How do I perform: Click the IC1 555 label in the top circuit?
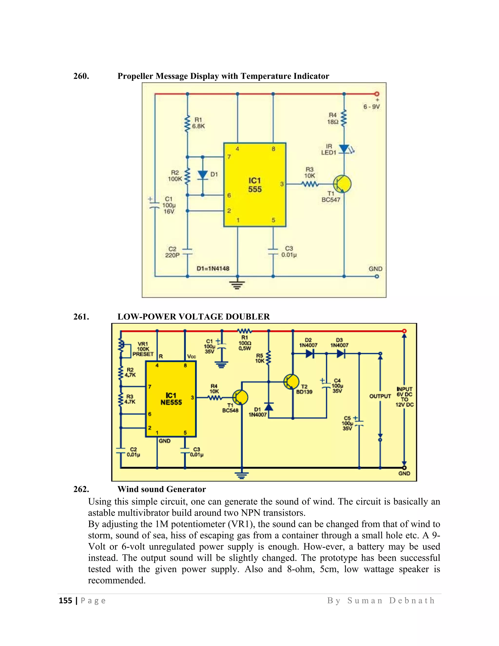[x=255, y=185]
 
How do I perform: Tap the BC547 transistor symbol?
[x=342, y=184]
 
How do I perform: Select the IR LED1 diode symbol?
[x=344, y=149]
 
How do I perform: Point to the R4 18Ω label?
[x=333, y=118]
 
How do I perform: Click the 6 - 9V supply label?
[x=372, y=107]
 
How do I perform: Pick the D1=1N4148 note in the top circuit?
[x=213, y=269]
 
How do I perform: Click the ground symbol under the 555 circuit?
[x=237, y=284]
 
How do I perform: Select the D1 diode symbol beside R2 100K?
[x=202, y=175]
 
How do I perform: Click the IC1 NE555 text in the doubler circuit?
[x=171, y=399]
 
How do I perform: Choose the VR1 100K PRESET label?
[x=143, y=349]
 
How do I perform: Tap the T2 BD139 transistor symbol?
[x=291, y=382]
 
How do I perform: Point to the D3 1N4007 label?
[x=339, y=343]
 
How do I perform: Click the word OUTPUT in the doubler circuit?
[x=380, y=396]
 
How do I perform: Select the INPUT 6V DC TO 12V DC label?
[x=404, y=397]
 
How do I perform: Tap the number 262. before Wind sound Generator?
[x=81, y=489]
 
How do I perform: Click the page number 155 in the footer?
[x=65, y=601]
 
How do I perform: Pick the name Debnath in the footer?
[x=412, y=601]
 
